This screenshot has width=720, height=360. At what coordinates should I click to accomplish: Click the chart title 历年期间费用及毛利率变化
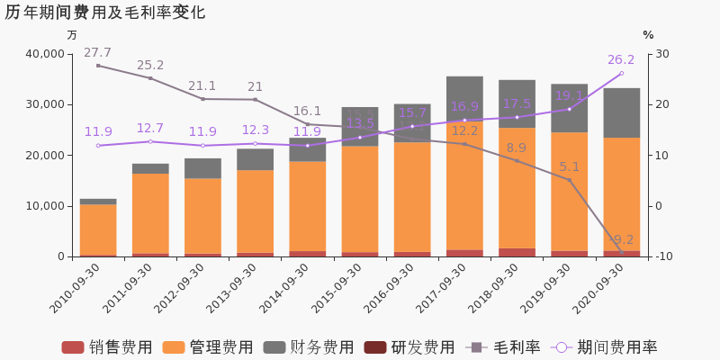(x=105, y=13)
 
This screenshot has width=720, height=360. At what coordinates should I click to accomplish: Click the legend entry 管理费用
(x=208, y=347)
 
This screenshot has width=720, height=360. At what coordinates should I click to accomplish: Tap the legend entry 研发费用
(x=409, y=347)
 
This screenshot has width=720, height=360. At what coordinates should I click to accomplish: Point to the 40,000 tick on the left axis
(x=45, y=54)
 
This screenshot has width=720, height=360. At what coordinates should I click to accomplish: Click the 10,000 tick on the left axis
(x=45, y=206)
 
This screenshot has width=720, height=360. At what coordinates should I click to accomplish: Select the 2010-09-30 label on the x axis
(x=76, y=289)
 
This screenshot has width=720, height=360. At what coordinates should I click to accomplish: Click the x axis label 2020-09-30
(x=599, y=289)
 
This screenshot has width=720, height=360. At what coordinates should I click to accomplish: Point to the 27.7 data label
(x=97, y=53)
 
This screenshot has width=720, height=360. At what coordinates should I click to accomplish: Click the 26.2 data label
(x=621, y=60)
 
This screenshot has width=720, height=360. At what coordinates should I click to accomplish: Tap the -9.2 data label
(x=621, y=240)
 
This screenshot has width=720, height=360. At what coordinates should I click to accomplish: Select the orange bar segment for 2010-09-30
(x=98, y=229)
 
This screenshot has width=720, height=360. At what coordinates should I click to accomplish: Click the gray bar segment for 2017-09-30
(x=464, y=98)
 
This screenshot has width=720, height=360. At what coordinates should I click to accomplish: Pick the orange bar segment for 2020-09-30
(x=621, y=193)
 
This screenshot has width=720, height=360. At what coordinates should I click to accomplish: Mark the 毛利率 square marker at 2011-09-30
(x=150, y=78)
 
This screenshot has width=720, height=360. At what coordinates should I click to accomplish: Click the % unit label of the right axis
(x=648, y=35)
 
